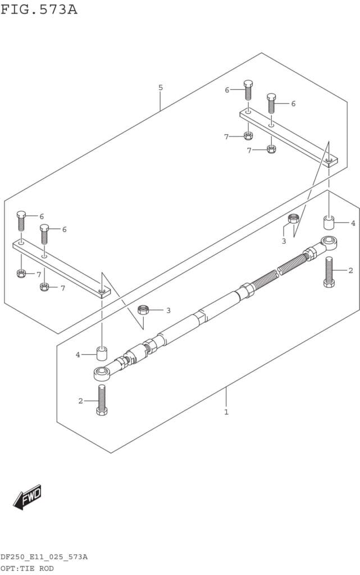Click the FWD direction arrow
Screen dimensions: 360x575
click(27, 498)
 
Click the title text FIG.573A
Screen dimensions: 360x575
click(39, 10)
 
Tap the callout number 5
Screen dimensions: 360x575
click(161, 88)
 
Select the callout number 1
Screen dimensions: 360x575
click(226, 412)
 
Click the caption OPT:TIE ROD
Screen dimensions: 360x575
click(27, 568)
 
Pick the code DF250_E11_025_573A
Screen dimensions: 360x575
click(44, 558)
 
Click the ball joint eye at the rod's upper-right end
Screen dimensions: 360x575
click(329, 243)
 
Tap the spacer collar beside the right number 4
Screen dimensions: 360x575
click(329, 223)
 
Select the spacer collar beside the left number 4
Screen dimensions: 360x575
click(102, 354)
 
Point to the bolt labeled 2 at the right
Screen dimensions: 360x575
click(329, 272)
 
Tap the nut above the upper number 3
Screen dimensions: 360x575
click(293, 218)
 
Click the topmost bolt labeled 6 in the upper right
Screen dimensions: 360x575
click(248, 90)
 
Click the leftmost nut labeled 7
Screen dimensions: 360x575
click(21, 273)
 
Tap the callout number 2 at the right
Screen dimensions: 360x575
click(351, 271)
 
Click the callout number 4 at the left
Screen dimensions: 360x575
click(78, 355)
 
